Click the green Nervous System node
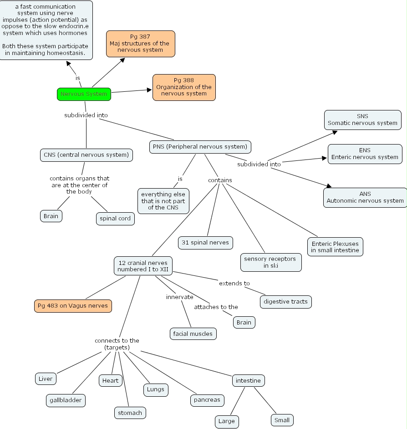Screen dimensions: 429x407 click(x=84, y=94)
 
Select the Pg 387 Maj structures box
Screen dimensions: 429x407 click(x=140, y=44)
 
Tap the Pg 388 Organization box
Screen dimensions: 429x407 click(x=184, y=87)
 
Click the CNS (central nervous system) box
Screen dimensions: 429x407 click(x=86, y=155)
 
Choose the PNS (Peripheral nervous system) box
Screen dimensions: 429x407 click(x=200, y=147)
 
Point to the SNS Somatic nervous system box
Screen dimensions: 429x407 click(x=362, y=120)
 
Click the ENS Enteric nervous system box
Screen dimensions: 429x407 click(x=365, y=154)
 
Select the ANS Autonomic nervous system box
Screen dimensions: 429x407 click(x=365, y=197)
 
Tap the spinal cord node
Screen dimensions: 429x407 click(x=115, y=219)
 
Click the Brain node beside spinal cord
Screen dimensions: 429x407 click(x=51, y=216)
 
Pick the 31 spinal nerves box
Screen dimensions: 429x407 click(x=205, y=242)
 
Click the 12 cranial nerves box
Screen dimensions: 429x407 click(x=143, y=266)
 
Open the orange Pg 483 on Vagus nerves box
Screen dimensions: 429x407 click(x=73, y=306)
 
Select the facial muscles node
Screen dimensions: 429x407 click(x=193, y=334)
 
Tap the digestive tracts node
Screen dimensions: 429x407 click(x=286, y=301)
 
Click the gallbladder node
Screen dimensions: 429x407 click(x=66, y=400)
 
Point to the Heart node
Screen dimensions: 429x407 click(x=110, y=380)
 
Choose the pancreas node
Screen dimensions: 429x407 click(x=207, y=400)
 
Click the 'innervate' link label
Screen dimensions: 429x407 click(x=179, y=297)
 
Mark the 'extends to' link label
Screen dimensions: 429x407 click(x=234, y=283)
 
